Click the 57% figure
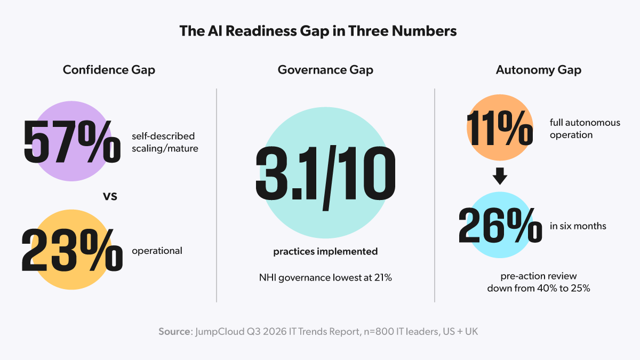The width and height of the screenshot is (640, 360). (72, 142)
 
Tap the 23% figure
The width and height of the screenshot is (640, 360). (72, 250)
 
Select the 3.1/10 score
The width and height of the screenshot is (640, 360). (325, 177)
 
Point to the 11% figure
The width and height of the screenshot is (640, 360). (500, 128)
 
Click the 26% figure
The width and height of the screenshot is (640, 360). (500, 226)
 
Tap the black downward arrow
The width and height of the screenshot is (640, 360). (500, 176)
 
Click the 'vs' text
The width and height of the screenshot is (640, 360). (110, 196)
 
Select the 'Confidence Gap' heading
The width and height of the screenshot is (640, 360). (109, 70)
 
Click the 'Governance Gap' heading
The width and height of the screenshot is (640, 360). (325, 70)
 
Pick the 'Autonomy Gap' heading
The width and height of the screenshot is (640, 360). (539, 70)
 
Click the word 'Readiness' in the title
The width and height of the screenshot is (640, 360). (261, 31)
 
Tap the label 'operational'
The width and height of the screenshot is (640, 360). (157, 251)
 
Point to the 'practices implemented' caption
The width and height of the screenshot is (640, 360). (325, 251)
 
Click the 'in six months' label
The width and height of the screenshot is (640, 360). (578, 226)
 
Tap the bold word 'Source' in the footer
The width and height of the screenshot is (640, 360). (174, 332)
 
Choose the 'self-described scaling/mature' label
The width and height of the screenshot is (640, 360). (165, 142)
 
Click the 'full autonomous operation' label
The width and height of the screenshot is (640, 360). (585, 129)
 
